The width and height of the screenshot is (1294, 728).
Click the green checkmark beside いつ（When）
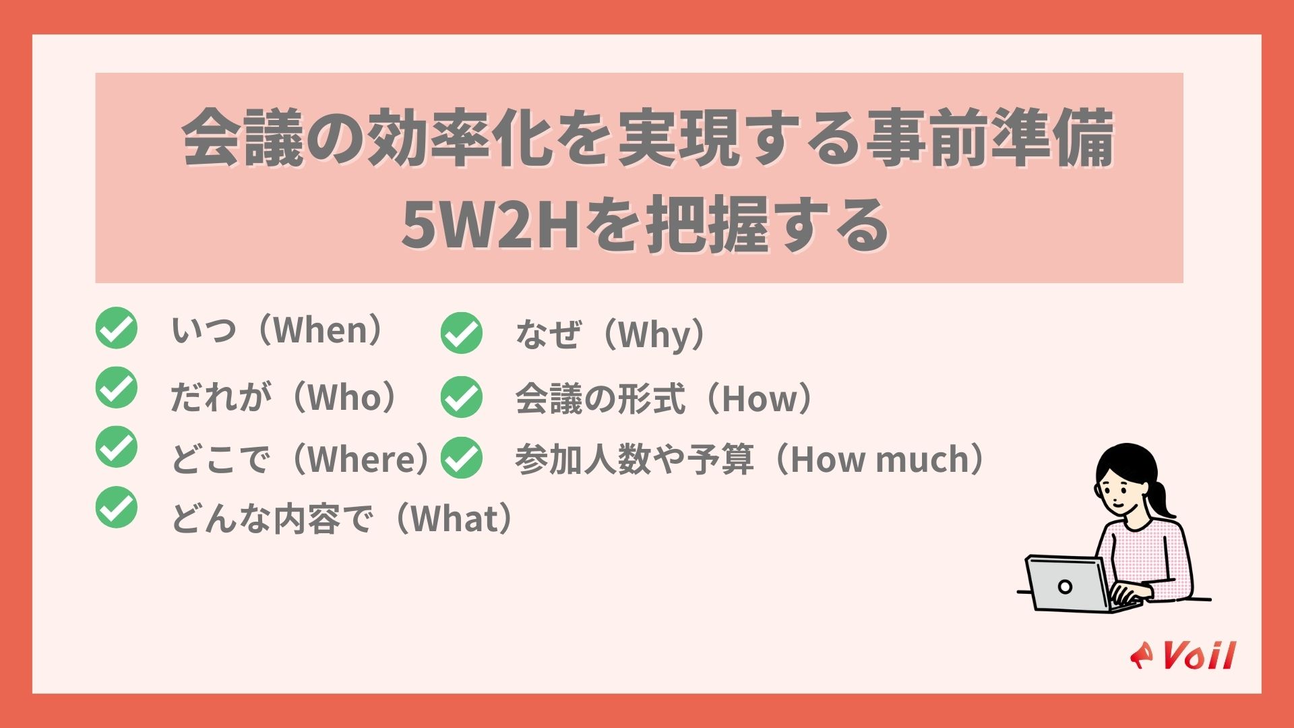tap(116, 328)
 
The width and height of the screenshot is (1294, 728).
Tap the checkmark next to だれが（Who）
tap(116, 388)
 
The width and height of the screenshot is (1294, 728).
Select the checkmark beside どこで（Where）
tap(116, 447)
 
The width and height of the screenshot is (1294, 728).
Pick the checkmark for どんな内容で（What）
tap(116, 507)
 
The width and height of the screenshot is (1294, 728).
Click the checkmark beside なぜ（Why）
tap(462, 333)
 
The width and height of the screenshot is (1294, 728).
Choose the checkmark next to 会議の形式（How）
tap(462, 397)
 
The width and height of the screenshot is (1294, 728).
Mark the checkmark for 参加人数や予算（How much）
tap(462, 458)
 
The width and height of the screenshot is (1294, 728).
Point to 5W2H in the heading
tap(491, 224)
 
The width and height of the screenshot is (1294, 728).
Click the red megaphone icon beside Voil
tap(1142, 655)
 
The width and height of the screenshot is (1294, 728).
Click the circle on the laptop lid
tap(1065, 586)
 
